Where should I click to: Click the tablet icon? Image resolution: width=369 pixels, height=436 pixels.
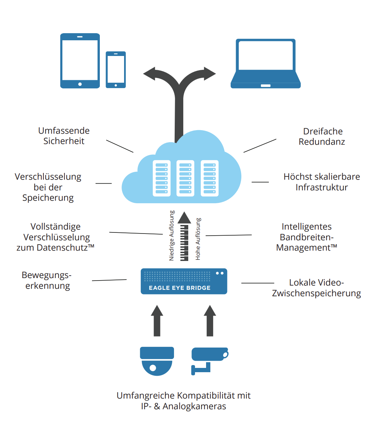[80, 61]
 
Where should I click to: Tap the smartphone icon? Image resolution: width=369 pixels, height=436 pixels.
[116, 70]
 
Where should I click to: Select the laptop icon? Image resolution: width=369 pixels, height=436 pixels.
[266, 63]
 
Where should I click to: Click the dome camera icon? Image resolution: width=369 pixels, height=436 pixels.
[157, 361]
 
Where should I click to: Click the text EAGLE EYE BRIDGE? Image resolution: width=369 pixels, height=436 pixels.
[180, 288]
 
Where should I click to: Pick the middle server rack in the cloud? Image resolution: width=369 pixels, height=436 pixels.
[185, 178]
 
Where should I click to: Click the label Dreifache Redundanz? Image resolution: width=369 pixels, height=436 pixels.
[322, 137]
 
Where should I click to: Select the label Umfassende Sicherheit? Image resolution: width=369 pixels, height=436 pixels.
[64, 136]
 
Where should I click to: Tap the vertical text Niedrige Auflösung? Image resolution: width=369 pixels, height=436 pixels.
[172, 236]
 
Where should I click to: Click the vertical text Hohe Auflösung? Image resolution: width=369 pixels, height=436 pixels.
[198, 239]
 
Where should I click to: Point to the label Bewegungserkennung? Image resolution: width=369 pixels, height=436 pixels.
[47, 280]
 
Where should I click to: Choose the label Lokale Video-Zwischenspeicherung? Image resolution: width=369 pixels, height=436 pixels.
[316, 288]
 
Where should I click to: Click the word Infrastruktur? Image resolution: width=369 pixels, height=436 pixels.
[322, 187]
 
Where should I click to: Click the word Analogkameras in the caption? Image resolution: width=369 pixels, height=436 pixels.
[194, 406]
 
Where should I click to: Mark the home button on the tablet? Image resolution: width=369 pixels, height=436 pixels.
[80, 84]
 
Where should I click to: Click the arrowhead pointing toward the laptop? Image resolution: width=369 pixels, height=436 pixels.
[210, 73]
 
